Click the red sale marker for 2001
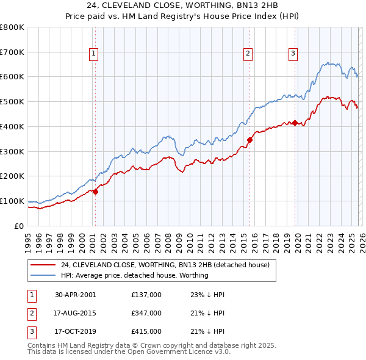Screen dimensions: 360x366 (x=95, y=192)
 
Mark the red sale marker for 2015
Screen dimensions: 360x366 (x=249, y=140)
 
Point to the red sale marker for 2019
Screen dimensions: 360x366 (x=295, y=123)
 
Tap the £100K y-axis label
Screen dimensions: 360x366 (x=12, y=201)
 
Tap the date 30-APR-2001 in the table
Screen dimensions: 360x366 (x=75, y=294)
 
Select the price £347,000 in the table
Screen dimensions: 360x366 (x=146, y=313)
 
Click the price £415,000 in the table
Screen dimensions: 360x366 (x=146, y=332)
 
